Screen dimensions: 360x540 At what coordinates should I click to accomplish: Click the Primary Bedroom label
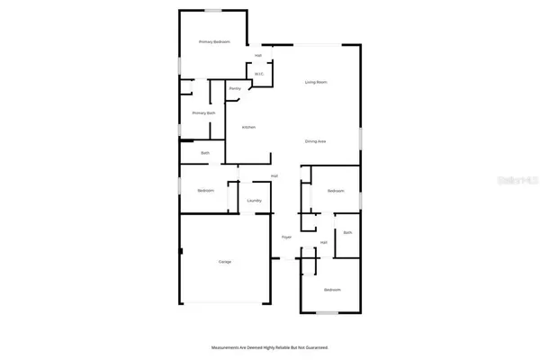(214, 41)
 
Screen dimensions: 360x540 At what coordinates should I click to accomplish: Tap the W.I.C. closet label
(258, 74)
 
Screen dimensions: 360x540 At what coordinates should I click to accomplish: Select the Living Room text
(315, 82)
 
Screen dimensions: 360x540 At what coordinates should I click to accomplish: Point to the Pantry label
(234, 88)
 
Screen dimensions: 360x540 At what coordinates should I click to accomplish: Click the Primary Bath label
(203, 112)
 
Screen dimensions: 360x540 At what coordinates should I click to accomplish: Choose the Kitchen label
(248, 127)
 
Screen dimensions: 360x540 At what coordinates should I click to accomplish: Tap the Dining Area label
(315, 141)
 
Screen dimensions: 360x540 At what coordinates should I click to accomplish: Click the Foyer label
(286, 237)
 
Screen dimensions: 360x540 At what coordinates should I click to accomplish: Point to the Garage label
(224, 262)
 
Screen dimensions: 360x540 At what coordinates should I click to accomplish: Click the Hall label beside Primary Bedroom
(258, 56)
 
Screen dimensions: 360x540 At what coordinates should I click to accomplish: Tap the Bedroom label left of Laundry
(205, 191)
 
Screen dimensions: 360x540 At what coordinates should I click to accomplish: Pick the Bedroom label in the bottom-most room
(332, 289)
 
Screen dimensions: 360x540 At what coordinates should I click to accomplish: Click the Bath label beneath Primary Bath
(204, 154)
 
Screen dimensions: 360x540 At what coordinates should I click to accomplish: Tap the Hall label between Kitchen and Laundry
(274, 175)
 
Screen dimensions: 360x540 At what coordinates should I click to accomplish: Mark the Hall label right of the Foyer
(323, 242)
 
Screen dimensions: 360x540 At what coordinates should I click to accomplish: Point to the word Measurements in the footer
(224, 346)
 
